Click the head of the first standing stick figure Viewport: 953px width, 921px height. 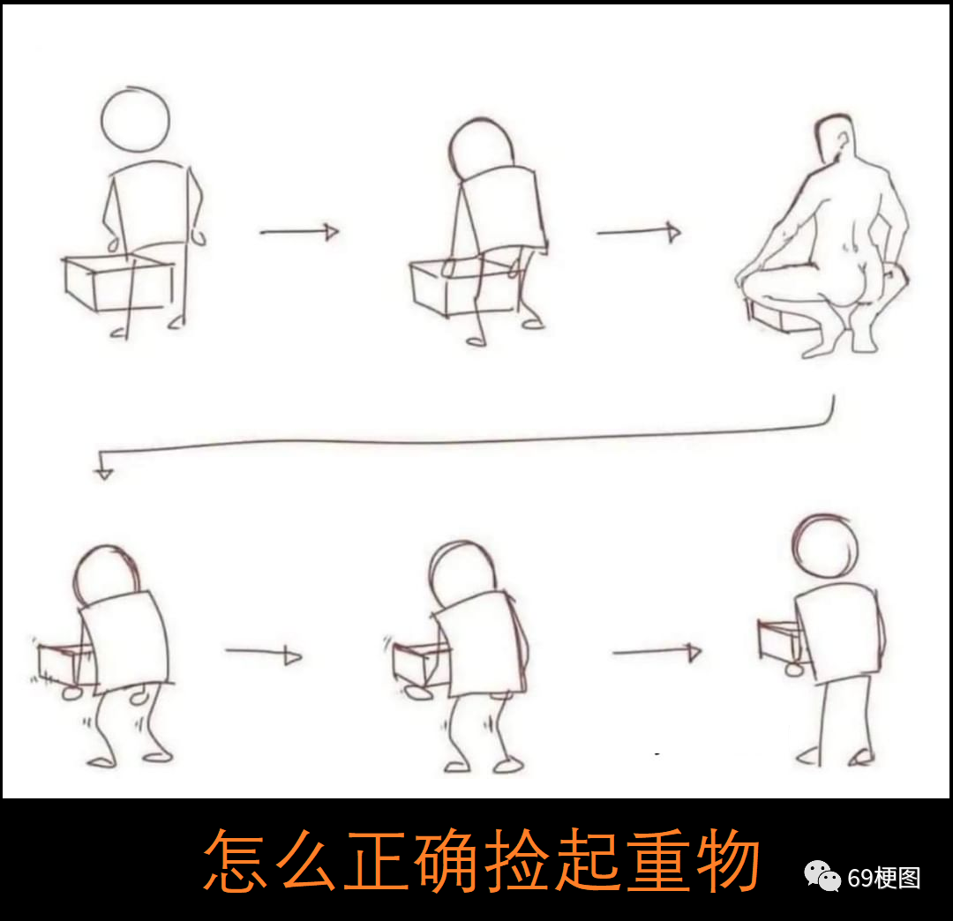(x=135, y=120)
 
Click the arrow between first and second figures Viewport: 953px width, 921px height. (x=299, y=231)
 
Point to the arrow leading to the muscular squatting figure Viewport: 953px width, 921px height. (x=639, y=232)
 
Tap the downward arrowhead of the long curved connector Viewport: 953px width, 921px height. (x=104, y=473)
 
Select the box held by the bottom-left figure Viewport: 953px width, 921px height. (x=60, y=664)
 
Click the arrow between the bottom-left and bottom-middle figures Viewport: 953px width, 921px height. (x=264, y=653)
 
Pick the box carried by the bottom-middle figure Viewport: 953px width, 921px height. (x=418, y=664)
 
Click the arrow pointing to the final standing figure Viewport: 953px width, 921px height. (x=657, y=653)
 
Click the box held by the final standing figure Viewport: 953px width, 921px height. (x=780, y=640)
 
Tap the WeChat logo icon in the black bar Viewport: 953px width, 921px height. (x=822, y=876)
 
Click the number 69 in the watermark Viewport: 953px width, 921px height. (x=860, y=878)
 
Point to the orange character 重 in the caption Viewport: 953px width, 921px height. (x=659, y=861)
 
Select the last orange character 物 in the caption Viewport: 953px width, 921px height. (x=729, y=861)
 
